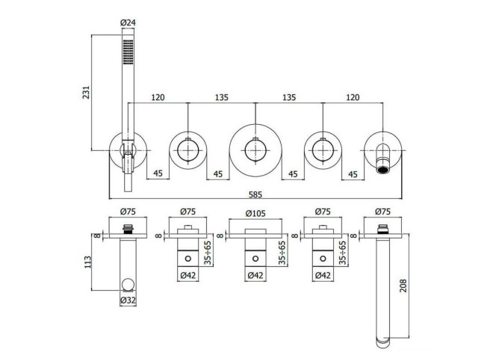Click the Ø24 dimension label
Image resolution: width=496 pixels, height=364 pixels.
[128, 22]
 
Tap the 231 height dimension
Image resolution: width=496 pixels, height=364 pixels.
[87, 92]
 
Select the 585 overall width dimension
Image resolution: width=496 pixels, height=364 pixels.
[255, 194]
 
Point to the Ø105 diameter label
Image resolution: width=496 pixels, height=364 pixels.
[255, 213]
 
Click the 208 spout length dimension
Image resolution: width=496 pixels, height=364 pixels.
[403, 286]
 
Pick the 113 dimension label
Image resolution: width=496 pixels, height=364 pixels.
[87, 262]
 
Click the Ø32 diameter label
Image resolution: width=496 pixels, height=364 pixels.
[128, 300]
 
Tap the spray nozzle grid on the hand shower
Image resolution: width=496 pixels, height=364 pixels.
[128, 52]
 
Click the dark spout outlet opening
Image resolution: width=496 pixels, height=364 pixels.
[383, 170]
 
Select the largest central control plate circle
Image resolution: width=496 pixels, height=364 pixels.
[255, 124]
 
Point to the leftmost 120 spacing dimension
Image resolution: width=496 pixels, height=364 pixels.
[158, 97]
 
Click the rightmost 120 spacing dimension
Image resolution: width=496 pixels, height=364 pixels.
[353, 97]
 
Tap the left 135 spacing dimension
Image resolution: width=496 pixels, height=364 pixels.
[221, 97]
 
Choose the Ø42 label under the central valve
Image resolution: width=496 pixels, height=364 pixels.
[255, 275]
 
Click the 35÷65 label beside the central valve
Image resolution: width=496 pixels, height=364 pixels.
[282, 253]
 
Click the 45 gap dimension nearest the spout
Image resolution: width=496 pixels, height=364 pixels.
[353, 174]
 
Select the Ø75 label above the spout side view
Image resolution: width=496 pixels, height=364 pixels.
[382, 212]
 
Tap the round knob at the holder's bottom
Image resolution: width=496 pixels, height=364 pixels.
[128, 285]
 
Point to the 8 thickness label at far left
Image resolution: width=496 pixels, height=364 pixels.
[97, 235]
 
